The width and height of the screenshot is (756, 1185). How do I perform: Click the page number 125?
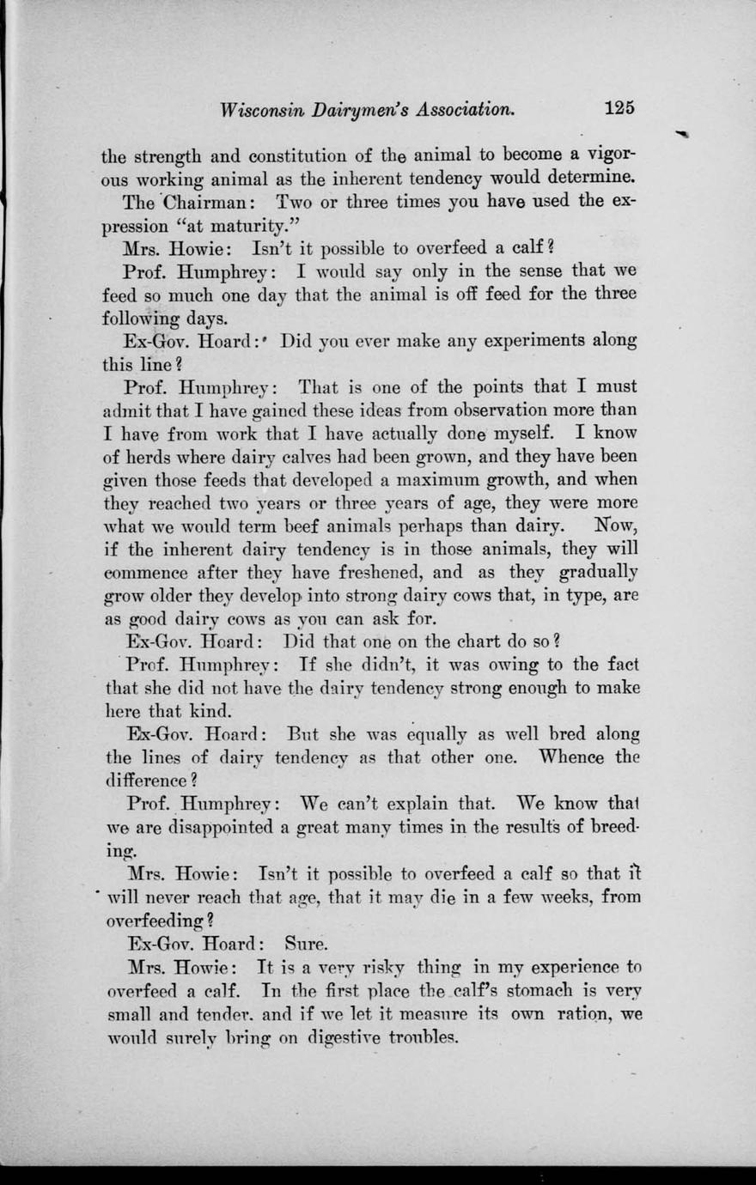click(x=619, y=108)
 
